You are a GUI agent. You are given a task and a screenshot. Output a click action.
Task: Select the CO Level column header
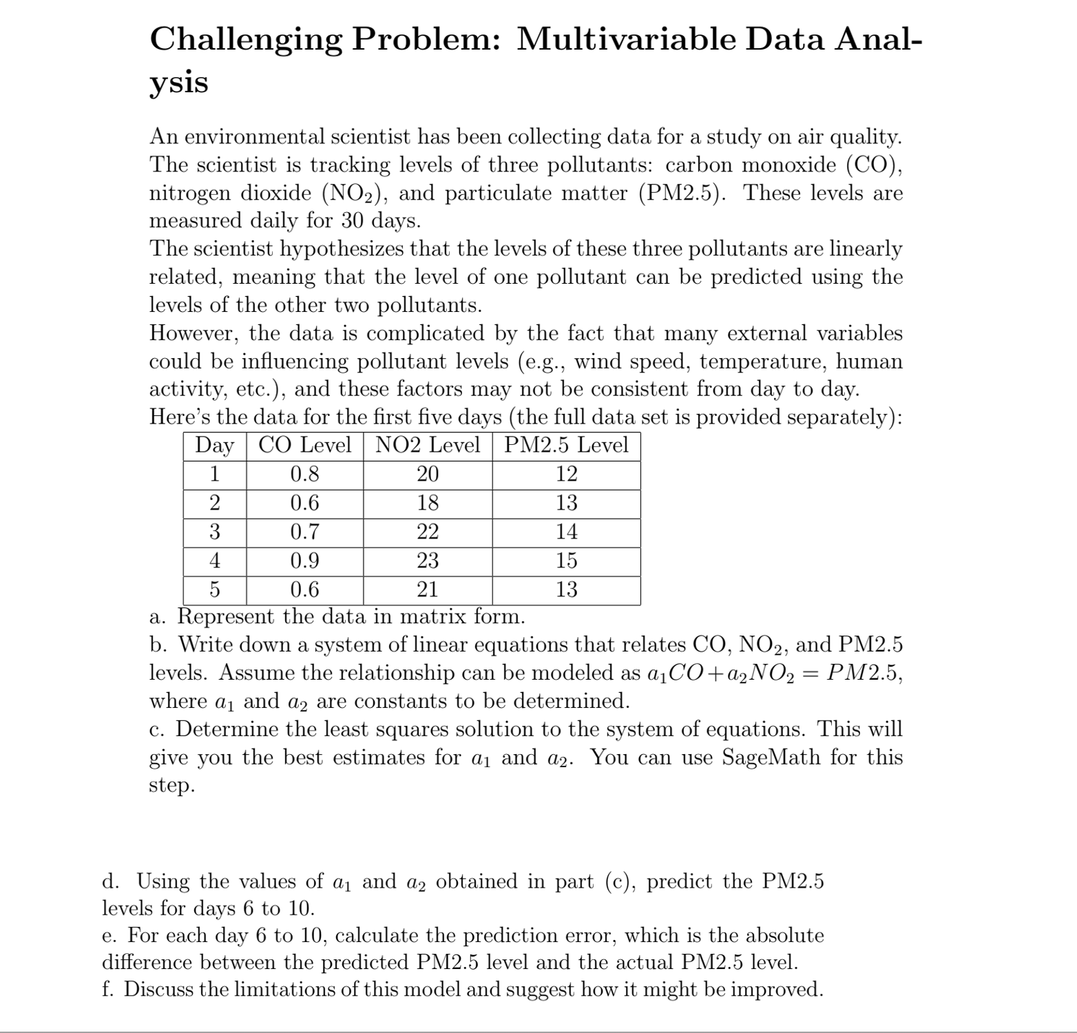pyautogui.click(x=304, y=445)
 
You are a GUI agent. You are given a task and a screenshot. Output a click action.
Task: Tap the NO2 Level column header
pyautogui.click(x=428, y=445)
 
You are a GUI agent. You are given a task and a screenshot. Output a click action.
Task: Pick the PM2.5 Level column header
pyautogui.click(x=566, y=445)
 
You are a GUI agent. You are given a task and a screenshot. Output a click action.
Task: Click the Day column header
pyautogui.click(x=215, y=445)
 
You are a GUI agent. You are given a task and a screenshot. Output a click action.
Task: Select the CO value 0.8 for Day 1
pyautogui.click(x=304, y=474)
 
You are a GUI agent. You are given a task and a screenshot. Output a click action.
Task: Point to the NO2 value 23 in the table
pyautogui.click(x=428, y=561)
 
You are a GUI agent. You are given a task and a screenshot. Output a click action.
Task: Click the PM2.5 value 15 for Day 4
pyautogui.click(x=566, y=561)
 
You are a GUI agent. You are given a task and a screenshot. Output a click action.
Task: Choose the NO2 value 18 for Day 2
pyautogui.click(x=428, y=503)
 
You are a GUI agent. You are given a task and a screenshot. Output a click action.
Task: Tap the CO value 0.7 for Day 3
pyautogui.click(x=304, y=532)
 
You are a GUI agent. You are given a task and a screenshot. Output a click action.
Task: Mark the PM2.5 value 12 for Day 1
pyautogui.click(x=566, y=474)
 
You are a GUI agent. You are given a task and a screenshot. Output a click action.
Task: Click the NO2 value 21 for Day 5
pyautogui.click(x=428, y=589)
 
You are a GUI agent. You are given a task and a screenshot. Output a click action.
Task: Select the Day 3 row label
pyautogui.click(x=215, y=532)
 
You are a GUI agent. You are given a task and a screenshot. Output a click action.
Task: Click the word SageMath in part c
pyautogui.click(x=771, y=757)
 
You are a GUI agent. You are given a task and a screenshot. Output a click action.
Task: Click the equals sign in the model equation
pyautogui.click(x=811, y=673)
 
